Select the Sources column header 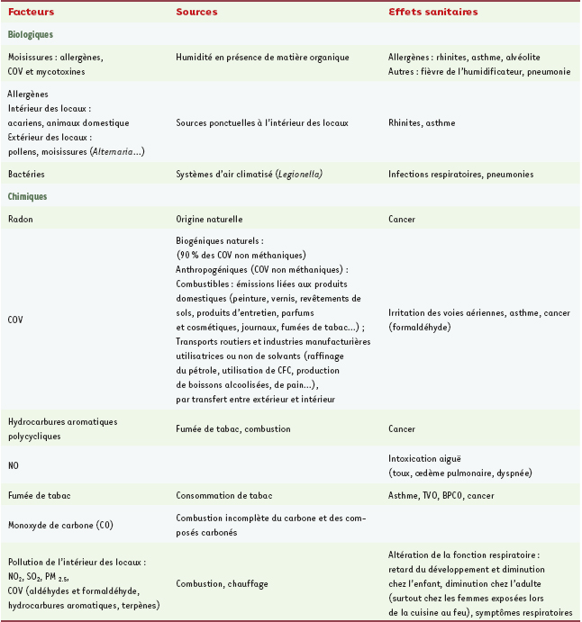pyautogui.click(x=197, y=13)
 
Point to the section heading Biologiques pyautogui.click(x=31, y=34)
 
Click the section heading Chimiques pyautogui.click(x=28, y=195)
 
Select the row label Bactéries pyautogui.click(x=25, y=174)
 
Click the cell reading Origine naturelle pyautogui.click(x=210, y=218)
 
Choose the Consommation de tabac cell pyautogui.click(x=222, y=495)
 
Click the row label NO pyautogui.click(x=13, y=465)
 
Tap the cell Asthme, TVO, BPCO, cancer pyautogui.click(x=441, y=495)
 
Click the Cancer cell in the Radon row pyautogui.click(x=402, y=218)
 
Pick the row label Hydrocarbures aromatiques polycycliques pyautogui.click(x=61, y=428)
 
